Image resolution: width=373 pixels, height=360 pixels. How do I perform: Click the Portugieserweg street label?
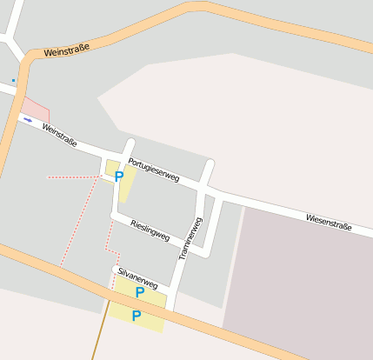(153, 169)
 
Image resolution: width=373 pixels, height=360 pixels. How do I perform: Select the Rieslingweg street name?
(150, 230)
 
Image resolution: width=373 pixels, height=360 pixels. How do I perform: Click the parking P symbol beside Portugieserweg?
(119, 176)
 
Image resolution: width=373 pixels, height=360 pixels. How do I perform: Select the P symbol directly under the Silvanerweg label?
(139, 292)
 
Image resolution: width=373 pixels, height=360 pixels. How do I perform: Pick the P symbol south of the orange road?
(136, 316)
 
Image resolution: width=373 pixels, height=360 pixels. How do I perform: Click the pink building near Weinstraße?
(36, 110)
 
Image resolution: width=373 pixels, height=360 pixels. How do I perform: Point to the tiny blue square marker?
(13, 80)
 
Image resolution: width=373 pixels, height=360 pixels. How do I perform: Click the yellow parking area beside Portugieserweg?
(126, 184)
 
